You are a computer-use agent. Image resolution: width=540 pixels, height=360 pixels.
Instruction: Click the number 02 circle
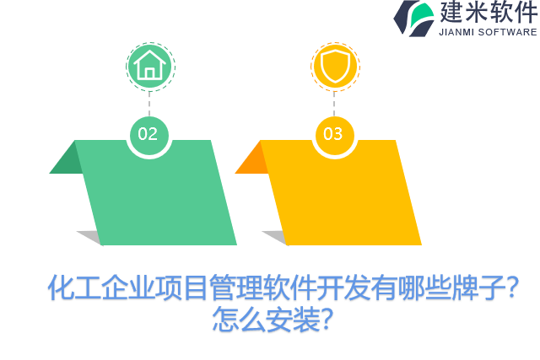coord(148,134)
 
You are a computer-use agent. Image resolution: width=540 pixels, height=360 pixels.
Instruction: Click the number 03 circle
coord(333,134)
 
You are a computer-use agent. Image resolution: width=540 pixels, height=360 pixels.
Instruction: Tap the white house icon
coord(149,65)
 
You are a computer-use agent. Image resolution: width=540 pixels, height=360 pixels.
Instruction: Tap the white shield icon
coord(334,65)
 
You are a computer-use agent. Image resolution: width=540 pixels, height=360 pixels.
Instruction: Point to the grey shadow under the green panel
coord(89,237)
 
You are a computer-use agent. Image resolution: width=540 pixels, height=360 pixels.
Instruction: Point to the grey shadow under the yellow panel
coord(274,237)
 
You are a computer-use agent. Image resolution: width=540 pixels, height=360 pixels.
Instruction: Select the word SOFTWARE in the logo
coord(510,32)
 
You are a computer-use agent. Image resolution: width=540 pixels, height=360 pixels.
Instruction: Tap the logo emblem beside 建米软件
coord(414,18)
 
